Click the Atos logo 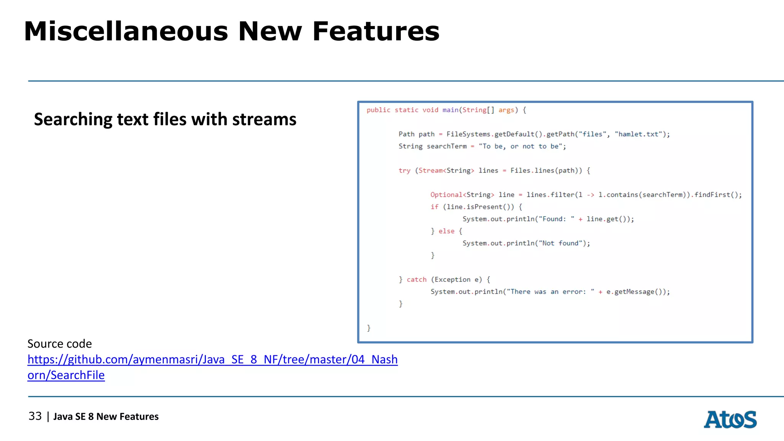pyautogui.click(x=730, y=420)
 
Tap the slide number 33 pyautogui.click(x=35, y=416)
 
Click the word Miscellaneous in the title pyautogui.click(x=126, y=31)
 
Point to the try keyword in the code pyautogui.click(x=404, y=170)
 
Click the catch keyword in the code pyautogui.click(x=416, y=279)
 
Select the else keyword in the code pyautogui.click(x=446, y=231)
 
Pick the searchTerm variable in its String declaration pyautogui.click(x=446, y=146)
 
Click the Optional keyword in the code pyautogui.click(x=446, y=194)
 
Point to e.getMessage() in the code pyautogui.click(x=636, y=292)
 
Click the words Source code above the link pyautogui.click(x=60, y=344)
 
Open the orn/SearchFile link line pyautogui.click(x=66, y=375)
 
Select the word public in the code pyautogui.click(x=378, y=110)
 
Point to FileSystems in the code pyautogui.click(x=468, y=134)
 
